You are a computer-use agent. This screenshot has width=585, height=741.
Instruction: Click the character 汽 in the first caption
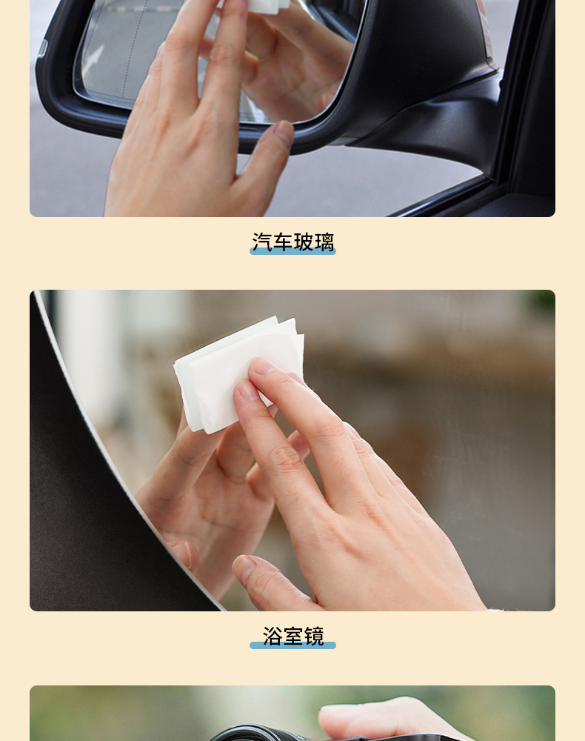(x=261, y=242)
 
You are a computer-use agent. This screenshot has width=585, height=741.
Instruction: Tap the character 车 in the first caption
(x=282, y=242)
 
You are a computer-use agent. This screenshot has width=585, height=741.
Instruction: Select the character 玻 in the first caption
(x=303, y=242)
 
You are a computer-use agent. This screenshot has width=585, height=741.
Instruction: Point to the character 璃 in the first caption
(x=324, y=242)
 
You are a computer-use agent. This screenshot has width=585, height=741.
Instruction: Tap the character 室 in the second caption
(x=292, y=636)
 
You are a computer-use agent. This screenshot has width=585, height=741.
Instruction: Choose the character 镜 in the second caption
(x=314, y=636)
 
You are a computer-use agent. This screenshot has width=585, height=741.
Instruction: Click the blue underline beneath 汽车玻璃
(x=292, y=251)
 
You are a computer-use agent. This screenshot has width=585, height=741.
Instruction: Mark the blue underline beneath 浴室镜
(x=292, y=645)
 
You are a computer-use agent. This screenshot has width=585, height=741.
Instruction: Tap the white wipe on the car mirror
(x=264, y=4)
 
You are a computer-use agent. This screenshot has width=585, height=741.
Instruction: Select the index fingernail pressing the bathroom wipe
(x=263, y=365)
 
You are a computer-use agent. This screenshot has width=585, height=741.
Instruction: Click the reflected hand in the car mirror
(x=292, y=62)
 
